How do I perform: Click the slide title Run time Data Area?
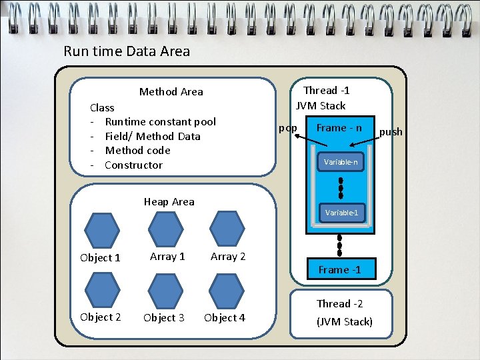pos(127,51)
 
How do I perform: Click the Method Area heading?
pos(171,92)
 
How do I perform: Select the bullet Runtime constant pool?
pos(160,121)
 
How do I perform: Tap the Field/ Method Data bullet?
pos(153,136)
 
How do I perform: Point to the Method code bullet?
pos(137,151)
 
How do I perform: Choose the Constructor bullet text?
pos(133,165)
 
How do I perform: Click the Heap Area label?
pos(169,201)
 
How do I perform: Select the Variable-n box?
pos(341,162)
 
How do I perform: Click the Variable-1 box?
pos(341,213)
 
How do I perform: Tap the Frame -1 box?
pos(339,269)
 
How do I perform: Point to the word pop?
pos(288,128)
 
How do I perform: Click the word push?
pos(391,132)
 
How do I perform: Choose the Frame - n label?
pos(339,127)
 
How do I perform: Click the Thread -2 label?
pos(339,304)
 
